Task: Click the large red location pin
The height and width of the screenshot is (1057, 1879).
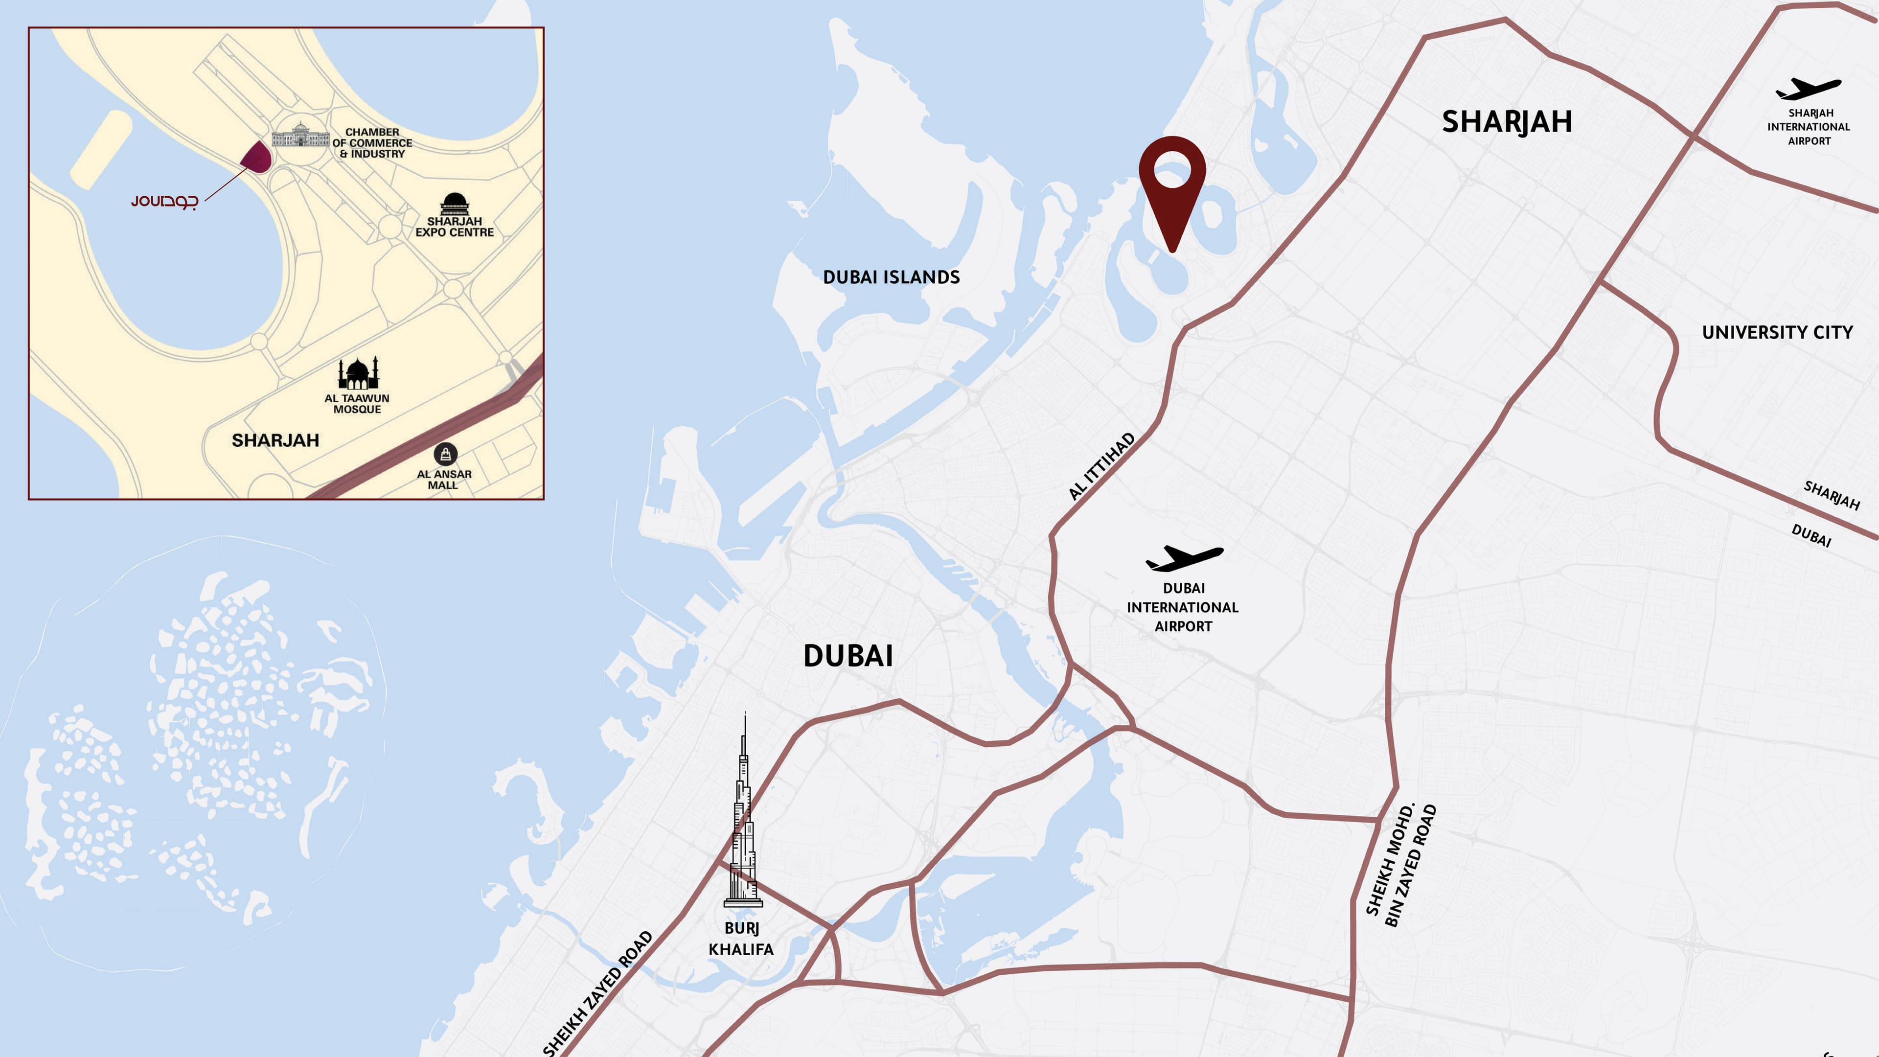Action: (1172, 183)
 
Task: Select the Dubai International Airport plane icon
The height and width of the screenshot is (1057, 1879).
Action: (1184, 558)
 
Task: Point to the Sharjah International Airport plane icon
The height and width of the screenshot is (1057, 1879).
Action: (1808, 89)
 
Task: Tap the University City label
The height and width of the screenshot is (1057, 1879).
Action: (1777, 333)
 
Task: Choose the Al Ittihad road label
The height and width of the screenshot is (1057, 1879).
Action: (1101, 466)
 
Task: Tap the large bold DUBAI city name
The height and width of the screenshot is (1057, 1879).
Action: (848, 656)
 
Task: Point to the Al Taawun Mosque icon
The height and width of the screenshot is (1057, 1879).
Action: (357, 373)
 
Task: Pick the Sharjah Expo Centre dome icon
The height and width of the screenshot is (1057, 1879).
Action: (455, 204)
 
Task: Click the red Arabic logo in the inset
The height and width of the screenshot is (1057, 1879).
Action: (164, 201)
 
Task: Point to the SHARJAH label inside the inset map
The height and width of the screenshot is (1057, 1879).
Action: (275, 440)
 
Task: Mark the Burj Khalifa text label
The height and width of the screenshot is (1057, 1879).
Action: (741, 938)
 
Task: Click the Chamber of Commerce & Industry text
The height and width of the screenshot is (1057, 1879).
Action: (372, 143)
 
